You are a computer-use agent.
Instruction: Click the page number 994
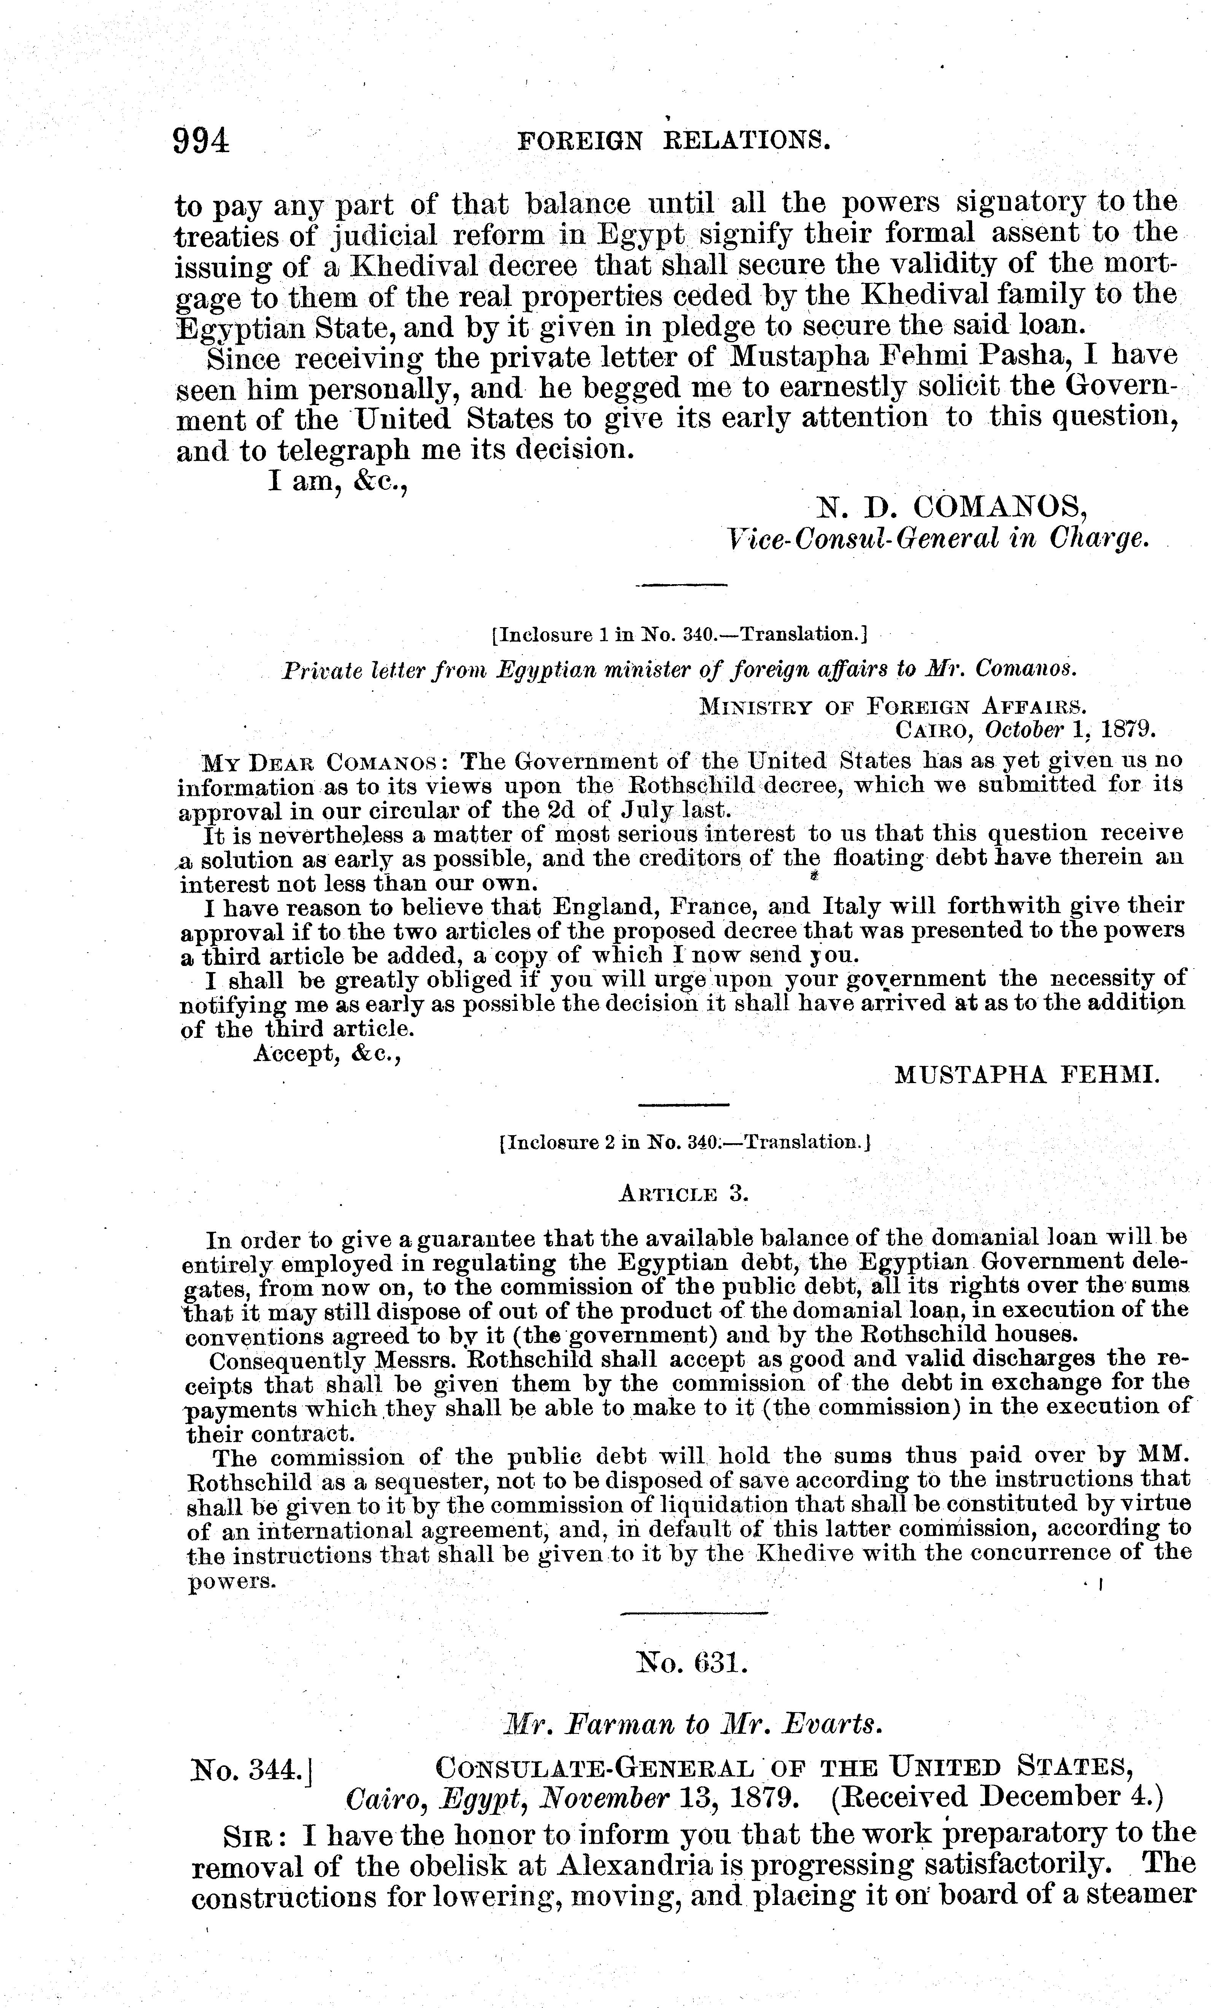click(x=200, y=142)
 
